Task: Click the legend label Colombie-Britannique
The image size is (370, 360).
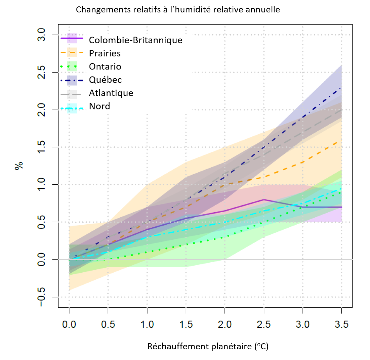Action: click(x=135, y=40)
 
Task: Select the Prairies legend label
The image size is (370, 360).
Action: click(x=105, y=53)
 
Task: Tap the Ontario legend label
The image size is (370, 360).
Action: click(x=105, y=66)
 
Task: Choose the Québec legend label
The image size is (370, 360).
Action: click(x=105, y=80)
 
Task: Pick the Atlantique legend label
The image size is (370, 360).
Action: click(x=111, y=93)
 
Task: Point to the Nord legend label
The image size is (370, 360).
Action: click(x=99, y=106)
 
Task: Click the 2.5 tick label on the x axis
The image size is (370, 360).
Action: click(x=263, y=324)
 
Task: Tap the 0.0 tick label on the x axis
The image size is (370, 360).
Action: click(x=69, y=324)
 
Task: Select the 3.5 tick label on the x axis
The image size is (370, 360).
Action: click(x=341, y=324)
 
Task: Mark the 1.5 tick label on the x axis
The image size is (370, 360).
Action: click(x=186, y=324)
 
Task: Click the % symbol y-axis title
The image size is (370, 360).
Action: click(x=19, y=166)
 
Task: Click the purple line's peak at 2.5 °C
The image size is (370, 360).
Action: click(x=264, y=199)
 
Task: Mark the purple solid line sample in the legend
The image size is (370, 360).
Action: click(x=72, y=39)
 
